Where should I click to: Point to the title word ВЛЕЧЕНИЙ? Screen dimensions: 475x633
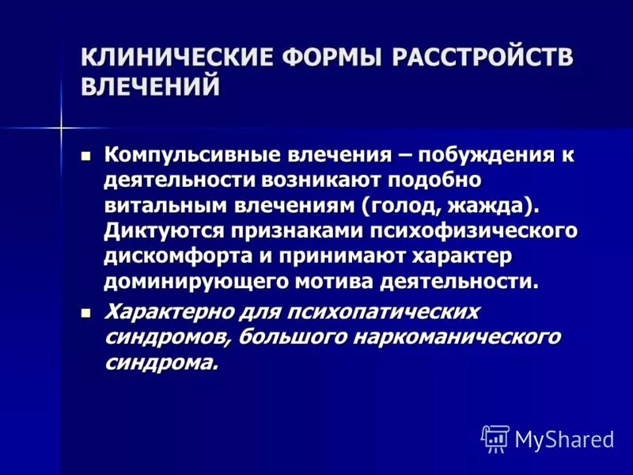pos(150,86)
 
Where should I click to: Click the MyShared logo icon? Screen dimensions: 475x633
pos(495,438)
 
